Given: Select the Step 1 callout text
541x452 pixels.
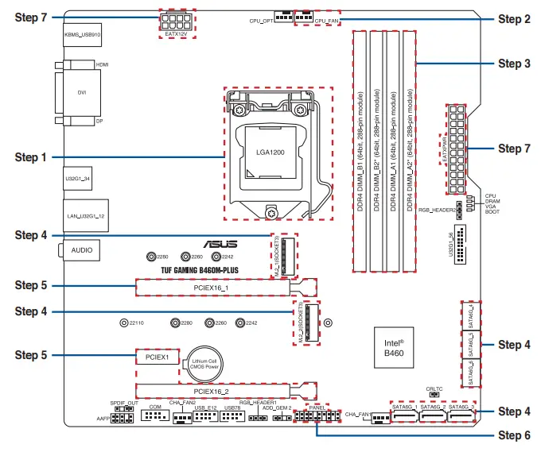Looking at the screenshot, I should [x=31, y=157].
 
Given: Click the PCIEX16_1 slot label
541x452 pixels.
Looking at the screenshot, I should [x=211, y=287].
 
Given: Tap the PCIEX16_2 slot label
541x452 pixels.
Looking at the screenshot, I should [x=211, y=391].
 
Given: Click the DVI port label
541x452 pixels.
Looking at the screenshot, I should [x=81, y=92].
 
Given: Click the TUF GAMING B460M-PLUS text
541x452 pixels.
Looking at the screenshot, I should [x=189, y=271].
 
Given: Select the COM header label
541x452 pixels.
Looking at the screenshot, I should [x=156, y=406].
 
